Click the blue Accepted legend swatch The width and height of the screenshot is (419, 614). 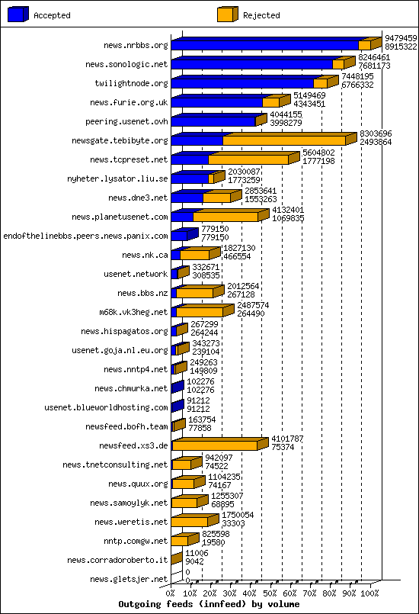tap(18, 14)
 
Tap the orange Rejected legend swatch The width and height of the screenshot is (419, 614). tap(228, 14)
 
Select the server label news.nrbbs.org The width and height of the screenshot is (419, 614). tap(136, 46)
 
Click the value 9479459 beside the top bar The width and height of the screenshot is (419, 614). tap(401, 38)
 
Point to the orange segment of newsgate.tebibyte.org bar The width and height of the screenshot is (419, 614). tap(284, 140)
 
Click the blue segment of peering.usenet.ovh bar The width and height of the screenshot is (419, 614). tap(213, 121)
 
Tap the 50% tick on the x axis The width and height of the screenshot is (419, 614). tap(270, 593)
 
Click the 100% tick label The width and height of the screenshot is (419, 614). tap(369, 593)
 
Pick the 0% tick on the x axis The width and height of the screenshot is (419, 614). tap(171, 593)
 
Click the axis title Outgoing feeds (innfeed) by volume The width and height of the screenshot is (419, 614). tap(209, 604)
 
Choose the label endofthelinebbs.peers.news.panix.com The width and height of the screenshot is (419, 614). tap(85, 236)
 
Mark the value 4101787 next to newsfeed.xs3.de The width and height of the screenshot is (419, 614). tap(287, 439)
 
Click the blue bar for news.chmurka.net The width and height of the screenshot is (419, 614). tap(178, 387)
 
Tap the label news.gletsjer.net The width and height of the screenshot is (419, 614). tap(129, 579)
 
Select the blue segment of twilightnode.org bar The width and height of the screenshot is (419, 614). tap(242, 83)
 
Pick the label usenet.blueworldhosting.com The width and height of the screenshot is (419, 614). tap(106, 407)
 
